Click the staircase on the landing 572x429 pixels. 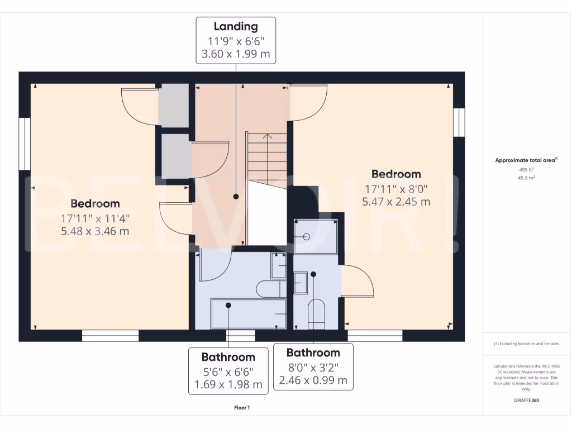tap(267, 159)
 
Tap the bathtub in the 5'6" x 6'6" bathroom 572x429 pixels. tap(248, 314)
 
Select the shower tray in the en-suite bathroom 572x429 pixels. tap(316, 237)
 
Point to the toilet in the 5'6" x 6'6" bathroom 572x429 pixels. tap(270, 289)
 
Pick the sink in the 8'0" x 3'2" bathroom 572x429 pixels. tap(301, 283)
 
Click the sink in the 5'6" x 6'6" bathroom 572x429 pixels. tap(278, 265)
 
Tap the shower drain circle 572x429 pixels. tap(306, 237)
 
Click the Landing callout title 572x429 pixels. tap(236, 26)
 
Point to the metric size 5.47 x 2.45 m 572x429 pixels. tap(396, 202)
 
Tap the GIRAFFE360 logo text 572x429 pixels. tap(527, 400)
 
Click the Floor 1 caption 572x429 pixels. tap(242, 408)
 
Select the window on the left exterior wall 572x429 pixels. tap(25, 143)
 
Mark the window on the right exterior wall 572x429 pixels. tap(459, 122)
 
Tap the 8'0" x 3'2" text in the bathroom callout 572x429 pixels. tap(313, 368)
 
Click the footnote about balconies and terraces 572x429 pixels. tap(526, 344)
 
